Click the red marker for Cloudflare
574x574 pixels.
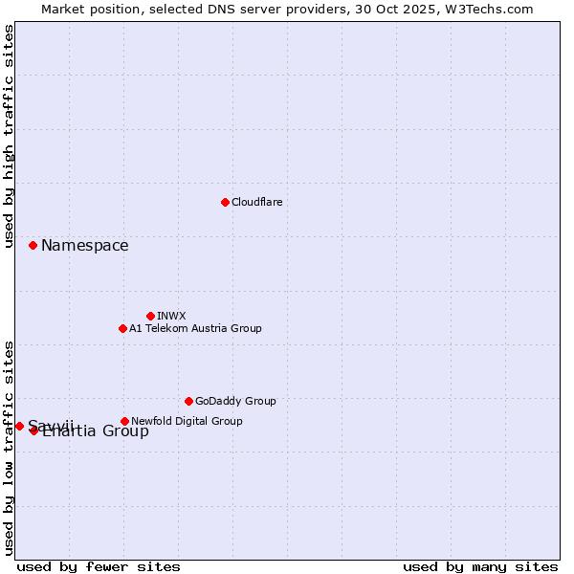pyautogui.click(x=225, y=202)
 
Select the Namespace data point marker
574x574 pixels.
pyautogui.click(x=33, y=246)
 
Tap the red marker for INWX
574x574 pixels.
pyautogui.click(x=150, y=316)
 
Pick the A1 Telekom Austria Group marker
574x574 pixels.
pyautogui.click(x=122, y=328)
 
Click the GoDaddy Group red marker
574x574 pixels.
pyautogui.click(x=188, y=401)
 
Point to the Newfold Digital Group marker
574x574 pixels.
pyautogui.click(x=124, y=421)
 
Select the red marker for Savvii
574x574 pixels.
pyautogui.click(x=19, y=426)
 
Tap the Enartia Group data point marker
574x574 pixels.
pyautogui.click(x=33, y=430)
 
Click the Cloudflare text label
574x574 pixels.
pyautogui.click(x=256, y=202)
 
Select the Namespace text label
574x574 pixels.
pyautogui.click(x=84, y=246)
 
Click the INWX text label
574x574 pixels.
pyautogui.click(x=171, y=316)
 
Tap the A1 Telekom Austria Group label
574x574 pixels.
pyautogui.click(x=195, y=328)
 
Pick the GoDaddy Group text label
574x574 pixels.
pyautogui.click(x=235, y=401)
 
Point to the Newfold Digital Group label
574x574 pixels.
pyautogui.click(x=187, y=421)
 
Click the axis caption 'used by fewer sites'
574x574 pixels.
pyautogui.click(x=99, y=566)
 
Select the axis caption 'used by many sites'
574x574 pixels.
pyautogui.click(x=480, y=566)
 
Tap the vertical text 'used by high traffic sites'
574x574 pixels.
pyautogui.click(x=10, y=137)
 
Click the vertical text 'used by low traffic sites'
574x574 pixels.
pyautogui.click(x=10, y=448)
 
